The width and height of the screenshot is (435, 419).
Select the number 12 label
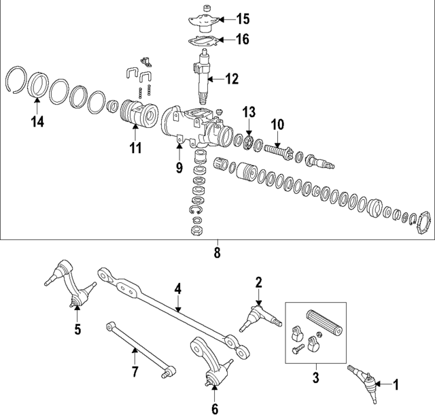click(232, 80)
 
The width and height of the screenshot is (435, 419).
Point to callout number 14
click(37, 122)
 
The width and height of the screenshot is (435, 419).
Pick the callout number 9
click(179, 166)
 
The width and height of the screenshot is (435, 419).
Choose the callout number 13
click(250, 111)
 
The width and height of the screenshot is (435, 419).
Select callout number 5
click(77, 330)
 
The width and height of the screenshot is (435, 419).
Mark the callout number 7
click(135, 371)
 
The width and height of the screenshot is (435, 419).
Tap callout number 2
click(259, 281)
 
